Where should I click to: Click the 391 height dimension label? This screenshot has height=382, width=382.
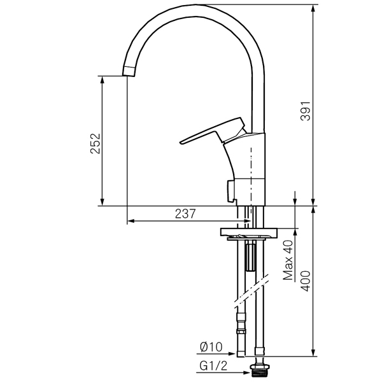(306, 111)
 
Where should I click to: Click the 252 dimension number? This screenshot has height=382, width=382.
(95, 143)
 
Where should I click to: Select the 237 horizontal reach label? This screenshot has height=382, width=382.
(185, 214)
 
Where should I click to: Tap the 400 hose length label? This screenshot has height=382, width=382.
(306, 281)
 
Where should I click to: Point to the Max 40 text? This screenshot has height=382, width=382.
(288, 260)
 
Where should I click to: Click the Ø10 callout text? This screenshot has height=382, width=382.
(211, 347)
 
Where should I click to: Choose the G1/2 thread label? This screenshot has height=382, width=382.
(213, 365)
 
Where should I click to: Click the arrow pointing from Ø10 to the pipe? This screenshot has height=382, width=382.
(216, 353)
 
